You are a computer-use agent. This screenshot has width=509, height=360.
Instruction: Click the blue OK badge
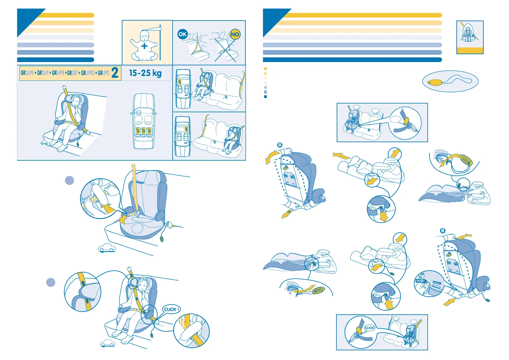coord(183,34)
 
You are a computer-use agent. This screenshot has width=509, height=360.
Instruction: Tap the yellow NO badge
coord(235,34)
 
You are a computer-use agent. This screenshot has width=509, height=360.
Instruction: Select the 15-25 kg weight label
coord(145,73)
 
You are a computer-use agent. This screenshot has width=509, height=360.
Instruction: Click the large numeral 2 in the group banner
coord(115,73)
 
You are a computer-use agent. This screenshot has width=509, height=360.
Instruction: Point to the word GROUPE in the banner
coord(27,73)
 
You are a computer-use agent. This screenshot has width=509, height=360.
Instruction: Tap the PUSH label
coord(420,281)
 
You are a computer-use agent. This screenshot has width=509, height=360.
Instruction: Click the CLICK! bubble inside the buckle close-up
coord(369,328)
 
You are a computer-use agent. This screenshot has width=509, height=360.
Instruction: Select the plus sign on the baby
coord(144,46)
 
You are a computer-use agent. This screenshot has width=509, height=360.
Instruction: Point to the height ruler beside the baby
coord(160,42)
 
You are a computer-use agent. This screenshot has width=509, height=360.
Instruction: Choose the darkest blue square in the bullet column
coord(265,97)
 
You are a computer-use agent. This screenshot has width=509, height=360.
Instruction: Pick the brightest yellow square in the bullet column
coord(265,69)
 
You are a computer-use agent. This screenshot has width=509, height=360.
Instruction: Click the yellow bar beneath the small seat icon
coord(470,51)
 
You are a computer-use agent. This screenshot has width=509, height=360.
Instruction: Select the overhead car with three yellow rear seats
coord(144,121)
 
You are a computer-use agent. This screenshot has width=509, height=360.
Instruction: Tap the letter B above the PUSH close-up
coord(443,231)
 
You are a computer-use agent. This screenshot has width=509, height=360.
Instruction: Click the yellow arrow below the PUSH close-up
coord(449,302)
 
